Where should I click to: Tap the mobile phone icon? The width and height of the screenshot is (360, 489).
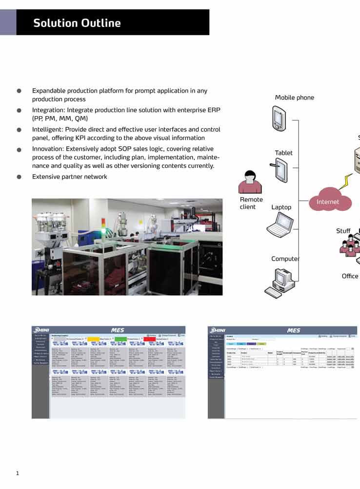point(279,119)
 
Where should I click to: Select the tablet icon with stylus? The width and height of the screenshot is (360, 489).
point(281,171)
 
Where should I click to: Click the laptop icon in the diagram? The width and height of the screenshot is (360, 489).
point(280,225)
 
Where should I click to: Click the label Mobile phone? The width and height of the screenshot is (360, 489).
point(294,98)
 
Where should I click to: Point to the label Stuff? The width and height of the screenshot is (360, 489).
point(343,231)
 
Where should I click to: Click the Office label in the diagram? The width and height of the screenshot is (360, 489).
point(350,276)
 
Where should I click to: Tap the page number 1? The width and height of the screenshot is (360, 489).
point(18,473)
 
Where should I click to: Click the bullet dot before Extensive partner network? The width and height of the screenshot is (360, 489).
point(19,177)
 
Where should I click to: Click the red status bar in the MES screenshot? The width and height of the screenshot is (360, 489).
point(149,338)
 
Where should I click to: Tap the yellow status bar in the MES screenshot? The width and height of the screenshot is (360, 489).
point(93,338)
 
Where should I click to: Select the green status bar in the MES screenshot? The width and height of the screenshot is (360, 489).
point(120,338)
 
